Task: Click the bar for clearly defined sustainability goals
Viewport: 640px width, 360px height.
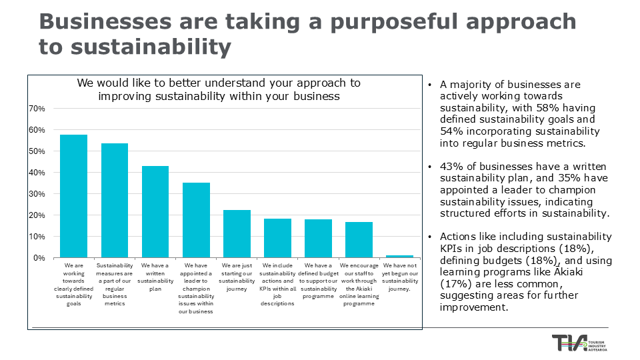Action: (73, 196)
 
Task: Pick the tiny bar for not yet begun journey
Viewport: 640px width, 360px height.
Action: (399, 256)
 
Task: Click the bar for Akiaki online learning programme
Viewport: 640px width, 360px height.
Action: (359, 239)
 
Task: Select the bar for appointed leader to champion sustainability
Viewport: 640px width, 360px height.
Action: (196, 220)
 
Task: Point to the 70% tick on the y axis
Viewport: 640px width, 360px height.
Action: (36, 109)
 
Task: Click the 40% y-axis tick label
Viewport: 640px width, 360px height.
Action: (36, 173)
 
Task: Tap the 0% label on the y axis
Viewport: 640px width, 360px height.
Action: (38, 258)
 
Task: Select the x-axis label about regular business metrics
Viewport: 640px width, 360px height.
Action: (114, 284)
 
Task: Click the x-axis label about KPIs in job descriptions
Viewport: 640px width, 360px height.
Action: (277, 284)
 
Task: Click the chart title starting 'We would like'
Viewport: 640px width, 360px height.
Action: (219, 89)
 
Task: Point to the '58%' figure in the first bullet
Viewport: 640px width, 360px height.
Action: (527, 108)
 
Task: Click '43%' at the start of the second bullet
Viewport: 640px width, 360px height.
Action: (451, 165)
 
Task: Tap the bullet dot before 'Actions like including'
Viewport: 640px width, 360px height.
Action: (431, 237)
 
